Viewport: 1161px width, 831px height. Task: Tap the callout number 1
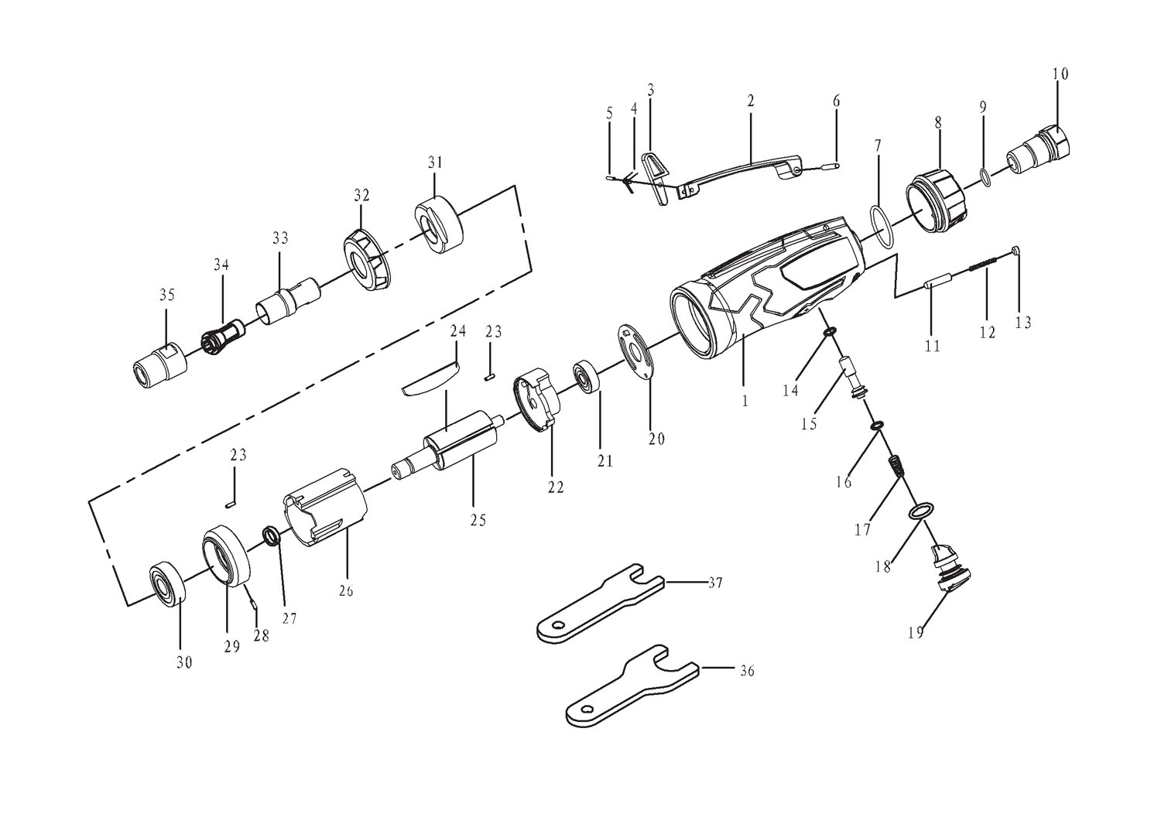(x=745, y=401)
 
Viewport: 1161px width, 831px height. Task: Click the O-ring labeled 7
(x=882, y=226)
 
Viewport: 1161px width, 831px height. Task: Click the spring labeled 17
(x=896, y=467)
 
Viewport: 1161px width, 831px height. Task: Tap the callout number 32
(x=362, y=195)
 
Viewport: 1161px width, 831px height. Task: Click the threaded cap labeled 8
(x=935, y=204)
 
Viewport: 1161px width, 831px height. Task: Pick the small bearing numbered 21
(x=589, y=378)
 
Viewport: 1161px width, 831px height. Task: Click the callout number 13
(x=1022, y=322)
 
